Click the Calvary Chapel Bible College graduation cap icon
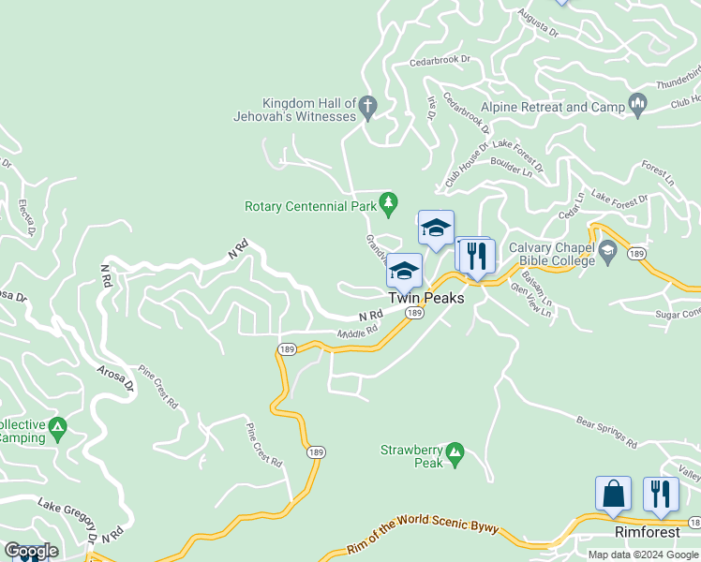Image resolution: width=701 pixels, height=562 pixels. coord(607,250)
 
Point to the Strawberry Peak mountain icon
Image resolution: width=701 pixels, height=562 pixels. coord(455,453)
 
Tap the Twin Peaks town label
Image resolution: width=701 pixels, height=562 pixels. coord(426,297)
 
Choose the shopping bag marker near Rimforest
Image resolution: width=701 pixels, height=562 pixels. coord(613,494)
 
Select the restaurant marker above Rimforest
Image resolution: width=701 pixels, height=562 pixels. coord(661,494)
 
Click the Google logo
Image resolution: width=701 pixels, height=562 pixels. coord(31,551)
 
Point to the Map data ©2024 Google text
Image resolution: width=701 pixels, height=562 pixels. coord(642,555)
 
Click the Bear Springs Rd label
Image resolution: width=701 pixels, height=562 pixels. coord(606,431)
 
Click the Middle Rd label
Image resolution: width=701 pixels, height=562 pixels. coord(358,331)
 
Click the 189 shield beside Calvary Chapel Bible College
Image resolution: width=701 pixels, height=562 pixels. coord(636,254)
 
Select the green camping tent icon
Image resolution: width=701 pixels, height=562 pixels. coord(58,429)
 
